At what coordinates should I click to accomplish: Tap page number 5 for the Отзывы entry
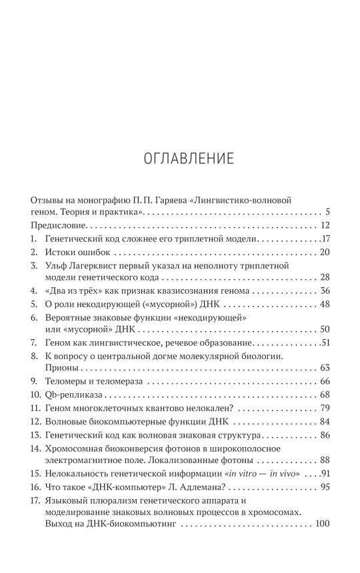coord(328,212)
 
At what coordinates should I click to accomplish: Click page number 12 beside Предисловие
coord(325,225)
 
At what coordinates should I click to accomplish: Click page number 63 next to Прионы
coord(325,368)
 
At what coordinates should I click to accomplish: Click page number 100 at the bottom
coord(323,525)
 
